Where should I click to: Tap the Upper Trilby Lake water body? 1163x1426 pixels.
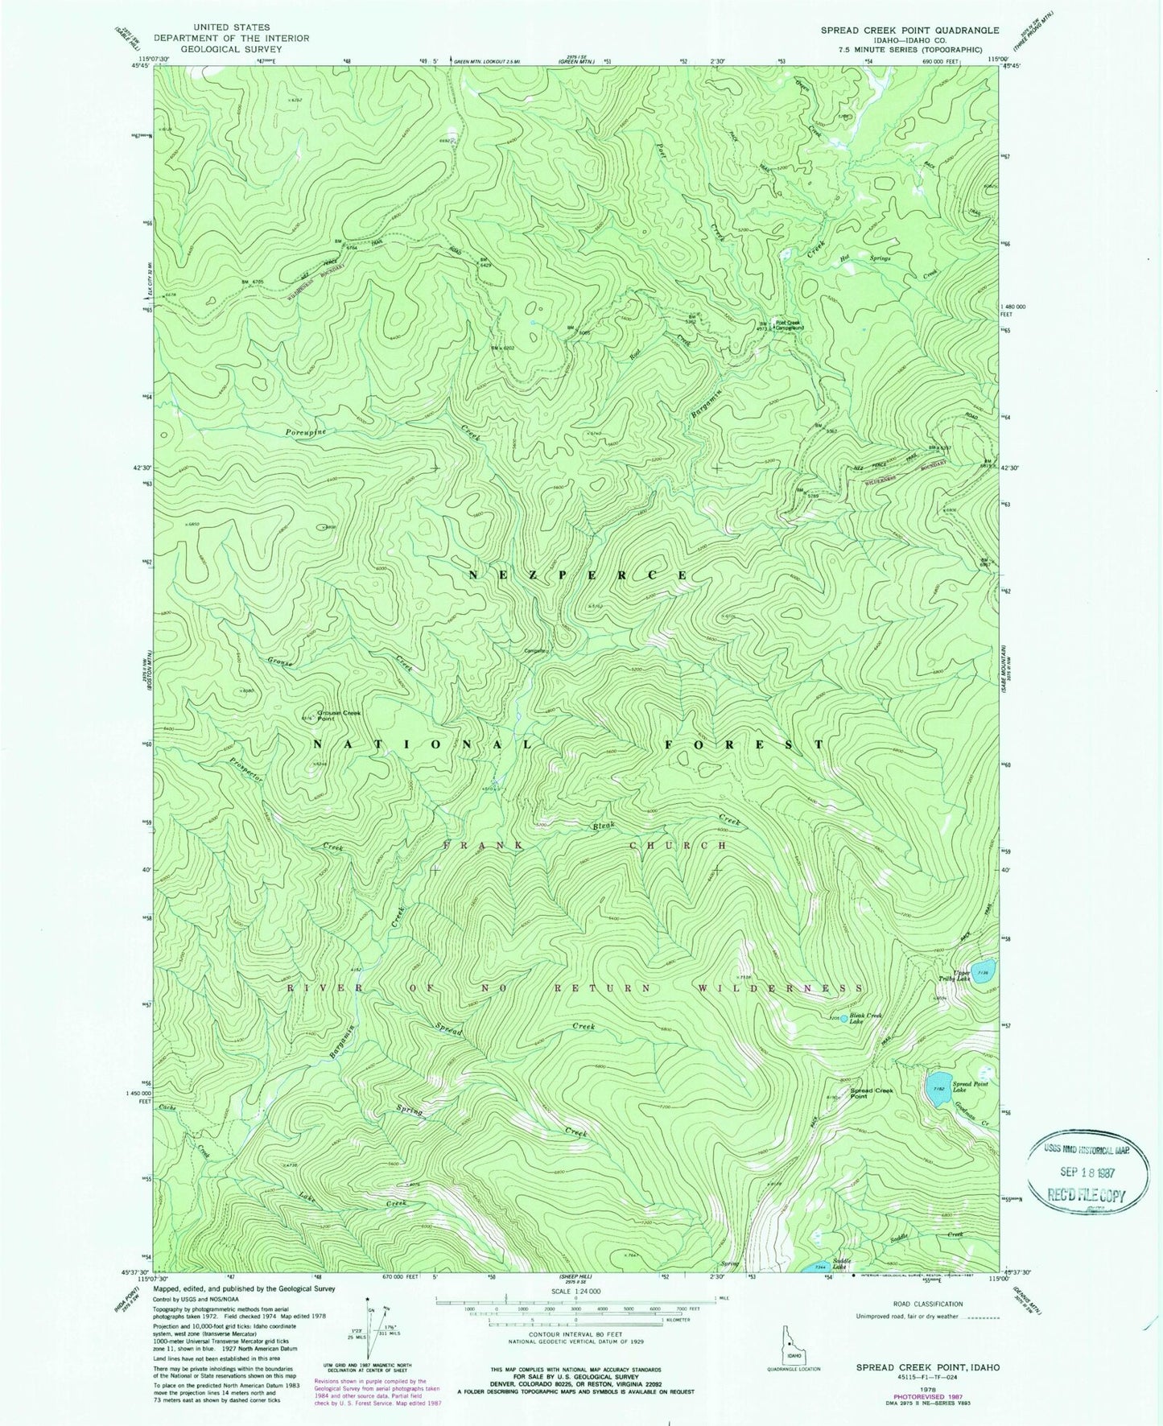[983, 966]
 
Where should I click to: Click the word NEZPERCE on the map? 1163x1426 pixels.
[579, 575]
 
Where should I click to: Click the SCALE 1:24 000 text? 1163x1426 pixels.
[575, 1298]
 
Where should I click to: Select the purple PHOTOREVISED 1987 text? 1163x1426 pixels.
[922, 1382]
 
